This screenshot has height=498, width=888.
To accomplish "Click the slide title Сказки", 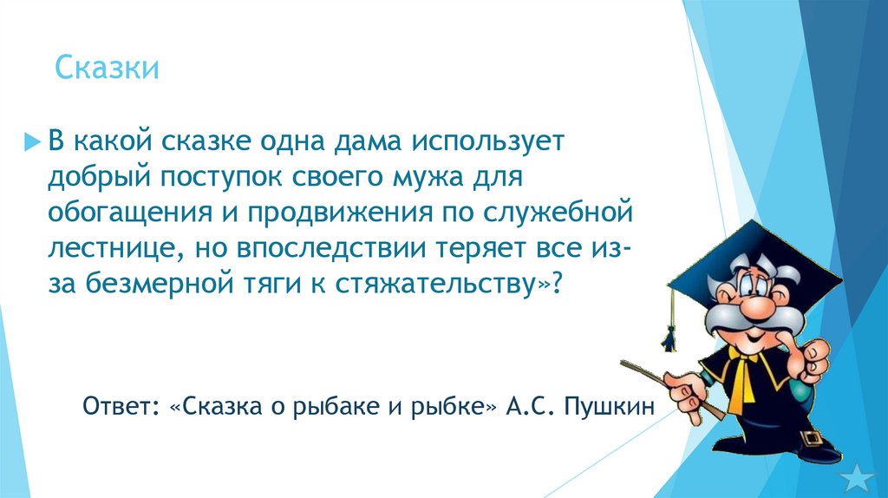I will [x=107, y=68].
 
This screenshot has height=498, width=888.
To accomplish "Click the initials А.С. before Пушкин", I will [x=530, y=406].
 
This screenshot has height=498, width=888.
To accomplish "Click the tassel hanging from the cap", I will [x=669, y=334].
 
